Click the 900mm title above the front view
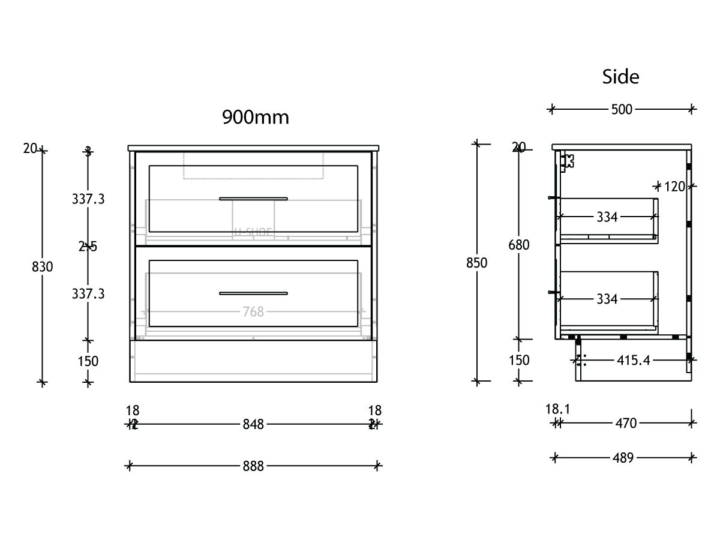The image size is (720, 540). [x=256, y=116]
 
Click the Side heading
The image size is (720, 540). [x=620, y=77]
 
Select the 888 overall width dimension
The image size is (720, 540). [x=253, y=466]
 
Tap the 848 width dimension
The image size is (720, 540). [x=253, y=424]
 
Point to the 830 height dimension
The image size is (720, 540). [x=42, y=267]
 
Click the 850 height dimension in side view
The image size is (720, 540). [x=477, y=263]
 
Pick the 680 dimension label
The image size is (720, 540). [x=518, y=245]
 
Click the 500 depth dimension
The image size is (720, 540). [x=622, y=109]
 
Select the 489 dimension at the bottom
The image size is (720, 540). [x=623, y=458]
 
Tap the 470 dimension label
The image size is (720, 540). [x=625, y=424]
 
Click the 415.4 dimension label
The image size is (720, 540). [x=634, y=360]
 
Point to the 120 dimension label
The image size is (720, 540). [x=674, y=187]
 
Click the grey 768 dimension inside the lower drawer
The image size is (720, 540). [x=253, y=311]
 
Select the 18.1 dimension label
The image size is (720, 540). [x=557, y=409]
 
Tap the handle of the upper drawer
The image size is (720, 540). [x=253, y=199]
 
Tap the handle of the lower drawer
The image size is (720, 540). [x=253, y=293]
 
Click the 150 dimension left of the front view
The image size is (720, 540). [x=88, y=361]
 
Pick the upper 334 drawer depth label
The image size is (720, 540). [x=607, y=217]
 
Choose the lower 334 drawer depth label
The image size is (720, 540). [x=607, y=298]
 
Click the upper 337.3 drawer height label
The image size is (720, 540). [x=88, y=199]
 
